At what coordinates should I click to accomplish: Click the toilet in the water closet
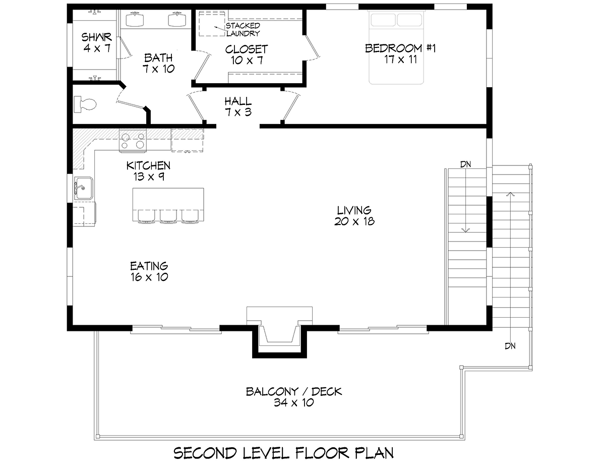tap(85, 104)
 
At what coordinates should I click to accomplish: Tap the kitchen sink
tap(83, 189)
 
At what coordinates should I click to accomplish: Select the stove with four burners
tap(133, 141)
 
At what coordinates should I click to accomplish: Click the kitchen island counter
tap(168, 204)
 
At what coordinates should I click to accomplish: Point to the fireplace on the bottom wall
tap(279, 332)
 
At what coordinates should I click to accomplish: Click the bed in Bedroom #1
tap(396, 47)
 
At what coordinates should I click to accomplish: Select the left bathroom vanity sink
tap(135, 19)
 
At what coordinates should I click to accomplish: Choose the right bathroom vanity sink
tap(177, 19)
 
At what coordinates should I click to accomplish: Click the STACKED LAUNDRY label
tap(243, 30)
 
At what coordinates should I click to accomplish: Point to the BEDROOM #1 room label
tap(400, 48)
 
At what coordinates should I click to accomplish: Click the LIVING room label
tap(354, 210)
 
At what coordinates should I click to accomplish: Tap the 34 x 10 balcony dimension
tap(294, 402)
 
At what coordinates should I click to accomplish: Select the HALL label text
tap(238, 101)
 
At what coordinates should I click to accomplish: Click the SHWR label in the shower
tap(96, 37)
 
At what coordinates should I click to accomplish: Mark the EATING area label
tap(149, 266)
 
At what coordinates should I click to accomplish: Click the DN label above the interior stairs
tap(465, 164)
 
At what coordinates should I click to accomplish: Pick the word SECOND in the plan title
tap(205, 453)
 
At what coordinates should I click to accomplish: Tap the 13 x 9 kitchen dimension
tap(148, 177)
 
